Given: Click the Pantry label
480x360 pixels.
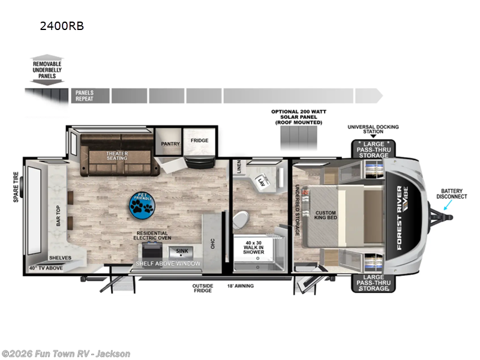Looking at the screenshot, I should tap(167, 143).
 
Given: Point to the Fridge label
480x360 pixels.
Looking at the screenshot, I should tap(199, 140).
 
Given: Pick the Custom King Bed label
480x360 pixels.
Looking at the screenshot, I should tap(326, 215).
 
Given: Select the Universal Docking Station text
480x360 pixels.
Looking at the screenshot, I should tap(373, 130).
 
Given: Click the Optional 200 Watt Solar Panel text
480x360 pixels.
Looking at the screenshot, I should tap(298, 116).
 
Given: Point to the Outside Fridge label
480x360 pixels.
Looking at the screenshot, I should tap(203, 289).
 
